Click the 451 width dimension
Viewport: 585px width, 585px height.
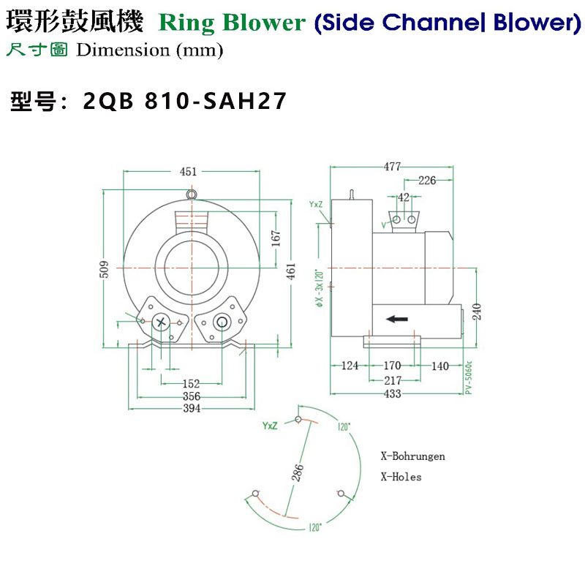point(189,172)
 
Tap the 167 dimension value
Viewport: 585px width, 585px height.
point(276,240)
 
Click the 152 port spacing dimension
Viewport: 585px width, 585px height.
point(191,384)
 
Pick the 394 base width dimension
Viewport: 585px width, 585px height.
point(191,408)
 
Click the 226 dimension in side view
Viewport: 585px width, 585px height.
point(427,181)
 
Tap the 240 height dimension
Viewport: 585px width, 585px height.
point(476,312)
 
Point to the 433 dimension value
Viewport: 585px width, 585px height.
point(393,394)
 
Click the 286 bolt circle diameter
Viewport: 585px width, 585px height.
point(298,473)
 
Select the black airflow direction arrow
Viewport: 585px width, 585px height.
point(397,319)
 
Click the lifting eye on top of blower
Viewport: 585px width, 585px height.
point(192,195)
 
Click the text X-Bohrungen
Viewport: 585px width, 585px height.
point(412,456)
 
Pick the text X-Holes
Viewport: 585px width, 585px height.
point(401,477)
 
